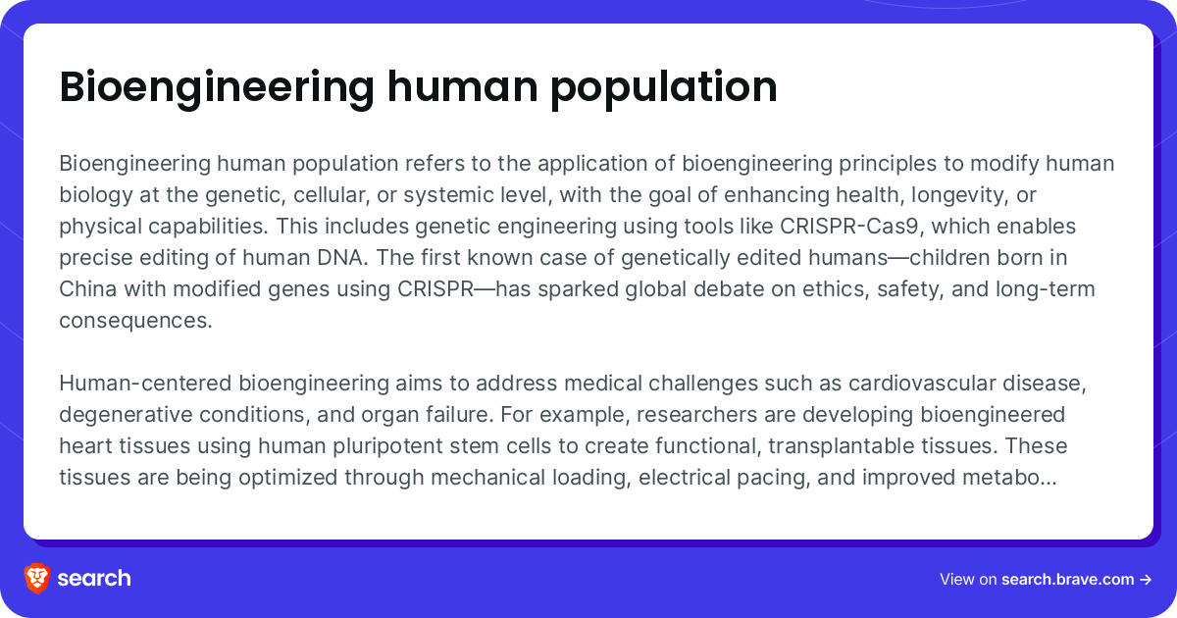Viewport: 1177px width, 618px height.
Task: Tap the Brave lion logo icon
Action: coord(37,578)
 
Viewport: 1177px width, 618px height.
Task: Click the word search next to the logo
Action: coord(93,578)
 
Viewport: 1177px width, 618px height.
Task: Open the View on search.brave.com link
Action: coord(1044,579)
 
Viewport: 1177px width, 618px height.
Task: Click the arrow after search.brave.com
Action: coord(1146,579)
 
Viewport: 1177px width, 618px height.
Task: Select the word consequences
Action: coord(135,321)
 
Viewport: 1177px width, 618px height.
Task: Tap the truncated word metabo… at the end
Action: coord(1014,477)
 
